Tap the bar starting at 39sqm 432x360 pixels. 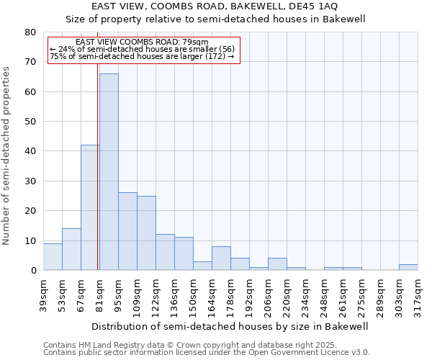point(53,257)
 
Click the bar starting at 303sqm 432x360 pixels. point(408,267)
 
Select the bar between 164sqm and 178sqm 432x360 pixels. point(221,258)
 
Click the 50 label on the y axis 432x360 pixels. point(31,122)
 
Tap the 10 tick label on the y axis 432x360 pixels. point(31,240)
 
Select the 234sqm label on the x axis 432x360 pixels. point(305,294)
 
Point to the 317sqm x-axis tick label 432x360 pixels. point(418,294)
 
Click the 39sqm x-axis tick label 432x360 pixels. point(43,294)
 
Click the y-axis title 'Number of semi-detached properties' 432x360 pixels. point(6,156)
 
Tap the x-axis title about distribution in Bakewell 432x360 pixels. point(230,326)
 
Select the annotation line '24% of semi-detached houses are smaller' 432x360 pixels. point(143,49)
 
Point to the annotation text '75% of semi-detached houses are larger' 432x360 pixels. point(143,56)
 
